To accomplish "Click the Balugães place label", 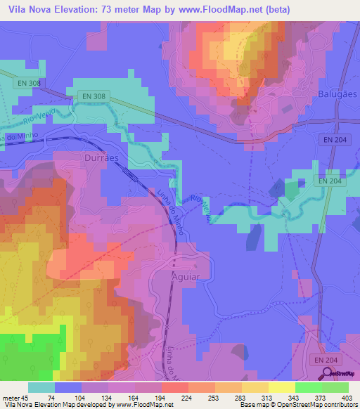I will (x=337, y=93).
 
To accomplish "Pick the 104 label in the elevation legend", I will (x=82, y=397).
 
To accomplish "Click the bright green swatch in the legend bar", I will (x=308, y=387).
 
